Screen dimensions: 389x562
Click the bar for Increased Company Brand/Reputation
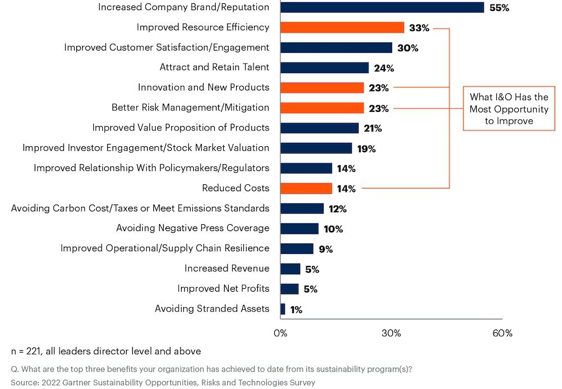tap(382, 7)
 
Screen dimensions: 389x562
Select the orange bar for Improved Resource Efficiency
tap(342, 28)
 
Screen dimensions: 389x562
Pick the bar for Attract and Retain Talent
tap(324, 67)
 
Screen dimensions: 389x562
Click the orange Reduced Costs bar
tap(306, 188)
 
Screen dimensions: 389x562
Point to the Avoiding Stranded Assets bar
tap(283, 309)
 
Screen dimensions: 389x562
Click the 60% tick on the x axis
tap(502, 333)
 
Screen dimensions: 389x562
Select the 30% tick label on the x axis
tap(391, 333)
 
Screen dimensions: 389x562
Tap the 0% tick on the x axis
tap(280, 333)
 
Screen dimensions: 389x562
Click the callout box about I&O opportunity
tap(509, 108)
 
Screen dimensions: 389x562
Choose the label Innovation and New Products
tap(203, 88)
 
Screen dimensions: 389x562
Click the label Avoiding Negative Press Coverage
tap(193, 228)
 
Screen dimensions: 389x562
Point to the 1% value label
tap(296, 309)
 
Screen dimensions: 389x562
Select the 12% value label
tap(338, 209)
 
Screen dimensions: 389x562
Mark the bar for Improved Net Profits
tap(289, 289)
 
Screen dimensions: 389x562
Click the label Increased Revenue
tap(226, 269)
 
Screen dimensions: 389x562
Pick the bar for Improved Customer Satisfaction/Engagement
tap(336, 48)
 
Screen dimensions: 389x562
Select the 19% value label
tap(366, 149)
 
